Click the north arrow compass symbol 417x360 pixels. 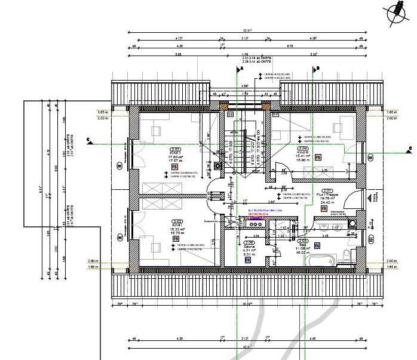[395, 14]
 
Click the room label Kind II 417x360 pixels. [176, 153]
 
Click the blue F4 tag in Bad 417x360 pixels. [317, 245]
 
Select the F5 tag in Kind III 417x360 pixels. [318, 157]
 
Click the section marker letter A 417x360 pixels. [242, 69]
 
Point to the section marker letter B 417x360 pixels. [318, 69]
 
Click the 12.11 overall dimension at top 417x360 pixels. [247, 30]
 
